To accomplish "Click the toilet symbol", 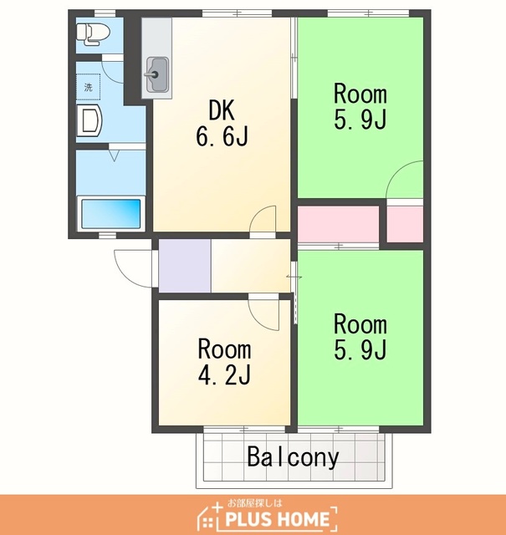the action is click(93, 33).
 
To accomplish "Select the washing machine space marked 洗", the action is click(88, 87).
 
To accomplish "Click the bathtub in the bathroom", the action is click(111, 214).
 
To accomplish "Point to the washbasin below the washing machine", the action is click(89, 120).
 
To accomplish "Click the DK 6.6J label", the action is click(222, 123).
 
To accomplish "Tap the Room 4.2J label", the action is click(224, 361).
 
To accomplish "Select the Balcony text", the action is click(293, 456).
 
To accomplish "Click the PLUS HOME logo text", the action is click(277, 519).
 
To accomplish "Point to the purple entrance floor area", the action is click(185, 266).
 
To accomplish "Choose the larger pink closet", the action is click(339, 224).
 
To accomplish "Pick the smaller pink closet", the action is click(405, 224).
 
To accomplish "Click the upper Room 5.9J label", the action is click(360, 106).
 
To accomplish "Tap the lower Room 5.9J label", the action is click(360, 337).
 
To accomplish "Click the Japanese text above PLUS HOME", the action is click(255, 503).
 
